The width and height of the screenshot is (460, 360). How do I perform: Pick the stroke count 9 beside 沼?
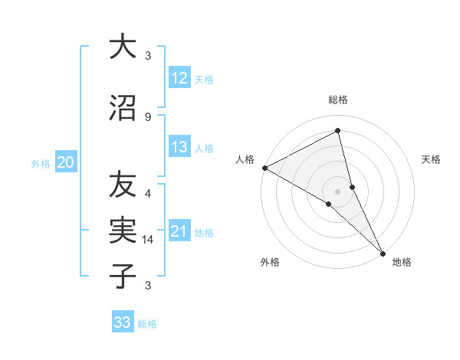(x=148, y=117)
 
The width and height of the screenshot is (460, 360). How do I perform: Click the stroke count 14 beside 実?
(x=149, y=240)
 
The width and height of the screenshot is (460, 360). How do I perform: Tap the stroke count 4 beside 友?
(x=148, y=193)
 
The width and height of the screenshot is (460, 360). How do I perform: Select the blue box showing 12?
(x=179, y=78)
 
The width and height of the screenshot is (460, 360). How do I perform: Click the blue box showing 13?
(x=179, y=147)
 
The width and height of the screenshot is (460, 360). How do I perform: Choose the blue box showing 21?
(x=179, y=231)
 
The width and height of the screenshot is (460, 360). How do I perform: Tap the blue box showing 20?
(x=66, y=162)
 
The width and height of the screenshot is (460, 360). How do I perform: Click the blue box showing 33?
(x=123, y=322)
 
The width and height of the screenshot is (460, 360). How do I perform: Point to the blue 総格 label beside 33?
(x=147, y=324)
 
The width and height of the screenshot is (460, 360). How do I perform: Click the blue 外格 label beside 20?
(x=40, y=163)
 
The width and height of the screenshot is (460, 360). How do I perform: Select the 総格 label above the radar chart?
(x=338, y=100)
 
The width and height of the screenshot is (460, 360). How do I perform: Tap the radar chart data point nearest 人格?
(x=264, y=168)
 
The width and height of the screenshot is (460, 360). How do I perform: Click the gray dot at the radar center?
(x=337, y=191)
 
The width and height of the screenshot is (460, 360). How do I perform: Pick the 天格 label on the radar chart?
(x=432, y=159)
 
